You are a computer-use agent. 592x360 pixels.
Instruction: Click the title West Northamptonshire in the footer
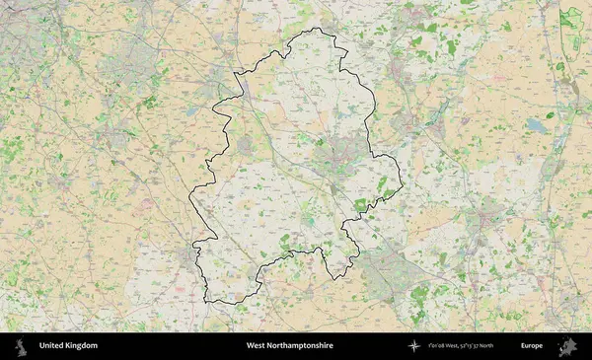pos(289,346)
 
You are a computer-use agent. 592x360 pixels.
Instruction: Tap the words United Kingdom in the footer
pos(68,346)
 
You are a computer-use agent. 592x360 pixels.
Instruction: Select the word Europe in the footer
pos(532,346)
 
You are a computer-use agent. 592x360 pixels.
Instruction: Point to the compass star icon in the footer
pos(413,346)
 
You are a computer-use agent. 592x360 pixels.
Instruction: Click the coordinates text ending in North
pos(469,346)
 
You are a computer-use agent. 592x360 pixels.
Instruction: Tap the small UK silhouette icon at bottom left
pos(20,346)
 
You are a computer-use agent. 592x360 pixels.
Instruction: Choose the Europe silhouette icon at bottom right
pos(566,346)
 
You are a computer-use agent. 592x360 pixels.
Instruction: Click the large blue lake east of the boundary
pos(535,126)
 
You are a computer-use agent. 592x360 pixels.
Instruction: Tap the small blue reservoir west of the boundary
pos(189,111)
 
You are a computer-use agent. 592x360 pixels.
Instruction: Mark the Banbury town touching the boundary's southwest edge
pos(189,259)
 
